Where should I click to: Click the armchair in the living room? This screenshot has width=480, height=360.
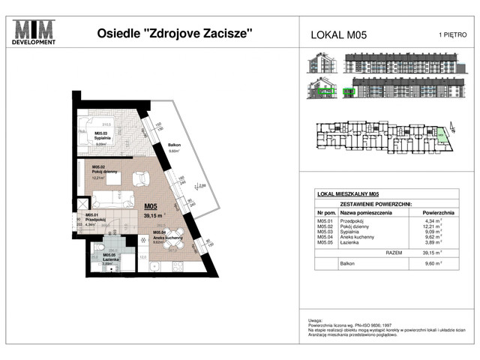click(x=139, y=178)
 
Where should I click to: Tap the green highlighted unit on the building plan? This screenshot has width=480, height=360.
click(x=442, y=136)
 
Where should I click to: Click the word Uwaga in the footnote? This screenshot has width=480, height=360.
click(x=313, y=319)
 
